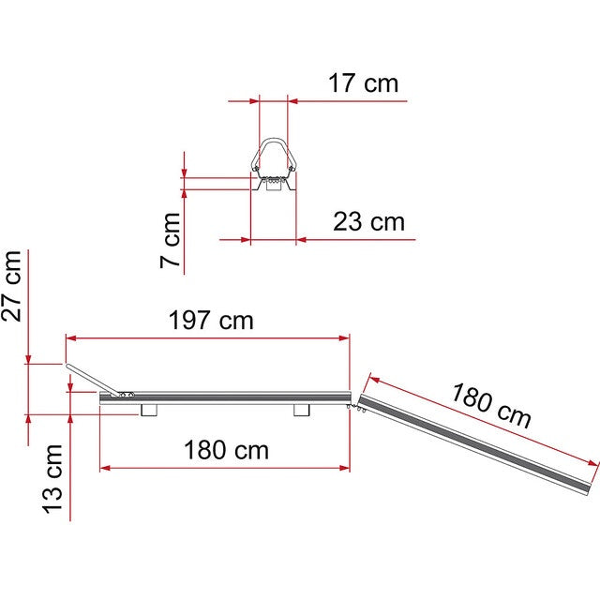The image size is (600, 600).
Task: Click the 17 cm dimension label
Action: coord(363,83)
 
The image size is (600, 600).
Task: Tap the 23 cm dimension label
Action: coord(368,221)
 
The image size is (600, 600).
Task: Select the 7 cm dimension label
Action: coord(170,240)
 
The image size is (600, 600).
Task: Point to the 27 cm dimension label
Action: coord(11,286)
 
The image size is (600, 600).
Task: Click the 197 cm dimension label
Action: coord(211,320)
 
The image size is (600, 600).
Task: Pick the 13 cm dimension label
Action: coord(52,479)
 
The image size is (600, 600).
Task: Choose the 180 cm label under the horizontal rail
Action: coord(226,450)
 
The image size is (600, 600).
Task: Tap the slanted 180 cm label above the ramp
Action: coord(491,406)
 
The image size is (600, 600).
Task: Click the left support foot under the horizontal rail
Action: coord(149,410)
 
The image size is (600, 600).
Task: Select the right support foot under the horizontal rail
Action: coord(302,410)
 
